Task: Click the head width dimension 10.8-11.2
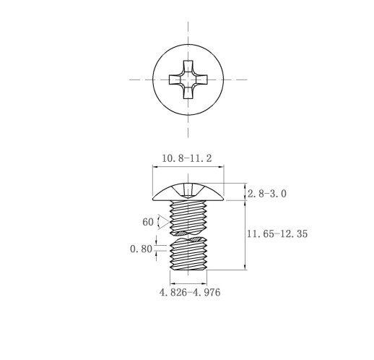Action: (x=187, y=158)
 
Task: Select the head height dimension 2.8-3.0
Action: (x=267, y=194)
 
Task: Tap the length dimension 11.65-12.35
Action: (x=277, y=233)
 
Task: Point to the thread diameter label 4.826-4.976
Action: (x=190, y=292)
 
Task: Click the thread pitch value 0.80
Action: (x=141, y=249)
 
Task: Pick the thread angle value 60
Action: (x=148, y=222)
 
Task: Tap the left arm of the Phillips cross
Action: (x=175, y=80)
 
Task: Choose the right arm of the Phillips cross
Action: (x=201, y=80)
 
